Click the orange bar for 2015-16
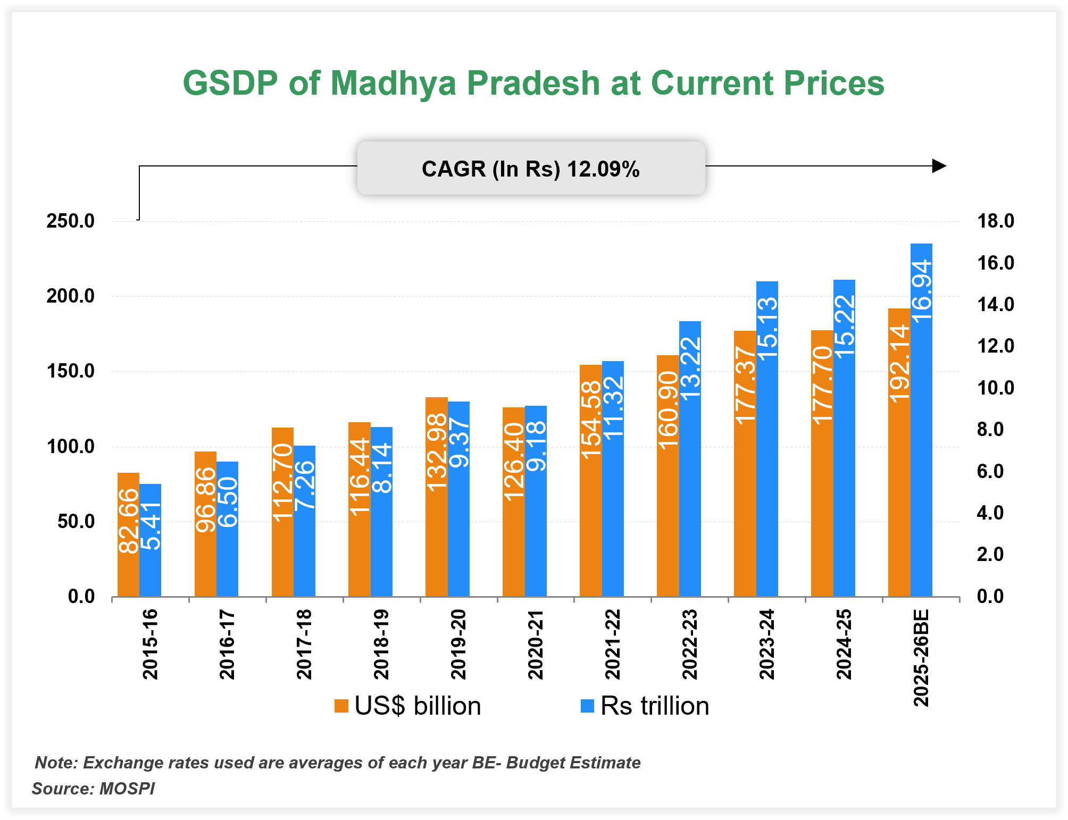click(128, 534)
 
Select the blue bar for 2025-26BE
click(921, 420)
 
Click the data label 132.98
click(437, 452)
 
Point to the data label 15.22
click(845, 325)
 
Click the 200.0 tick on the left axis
click(70, 296)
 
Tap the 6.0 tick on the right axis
click(990, 472)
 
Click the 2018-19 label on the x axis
click(381, 645)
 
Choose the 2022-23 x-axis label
click(690, 645)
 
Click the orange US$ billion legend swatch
click(341, 706)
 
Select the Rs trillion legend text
click(655, 706)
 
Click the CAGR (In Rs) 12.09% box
click(531, 169)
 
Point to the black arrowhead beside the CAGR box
click(940, 166)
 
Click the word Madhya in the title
click(393, 83)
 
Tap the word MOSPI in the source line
click(127, 788)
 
